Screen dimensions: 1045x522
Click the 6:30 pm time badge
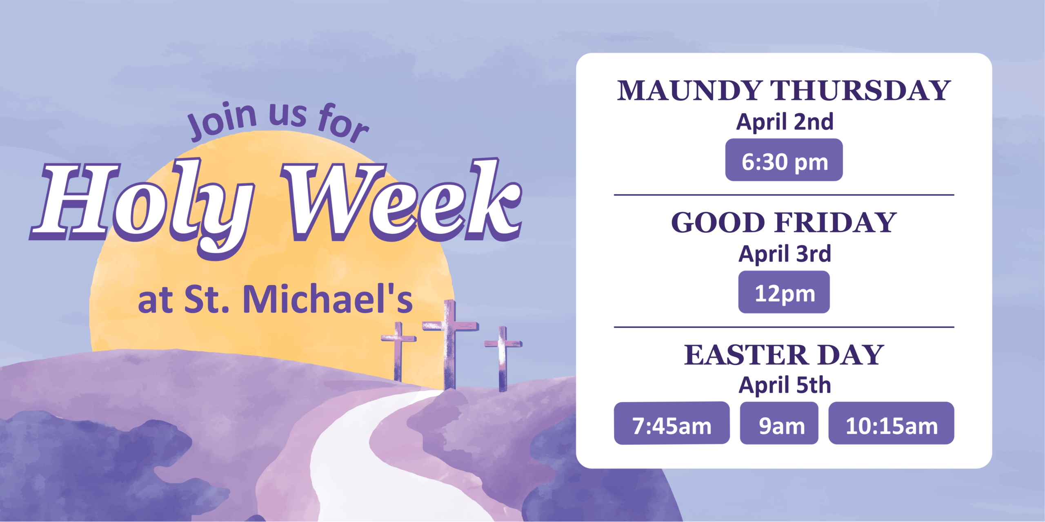point(784,160)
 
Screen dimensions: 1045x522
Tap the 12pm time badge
point(784,292)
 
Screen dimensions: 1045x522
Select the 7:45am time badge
point(672,423)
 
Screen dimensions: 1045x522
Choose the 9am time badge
point(779,423)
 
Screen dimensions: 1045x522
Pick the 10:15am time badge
point(891,423)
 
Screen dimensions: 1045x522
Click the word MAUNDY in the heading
point(689,90)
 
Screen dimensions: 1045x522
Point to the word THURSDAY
point(860,90)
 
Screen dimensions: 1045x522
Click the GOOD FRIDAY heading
point(784,222)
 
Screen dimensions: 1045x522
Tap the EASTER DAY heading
point(784,354)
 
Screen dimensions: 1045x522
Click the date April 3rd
point(785,254)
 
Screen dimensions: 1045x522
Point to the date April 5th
point(785,385)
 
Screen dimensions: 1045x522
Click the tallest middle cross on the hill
point(450,345)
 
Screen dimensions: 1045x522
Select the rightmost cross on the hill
point(503,359)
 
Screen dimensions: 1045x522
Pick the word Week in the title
point(401,200)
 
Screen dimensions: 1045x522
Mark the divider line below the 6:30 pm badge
point(784,195)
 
